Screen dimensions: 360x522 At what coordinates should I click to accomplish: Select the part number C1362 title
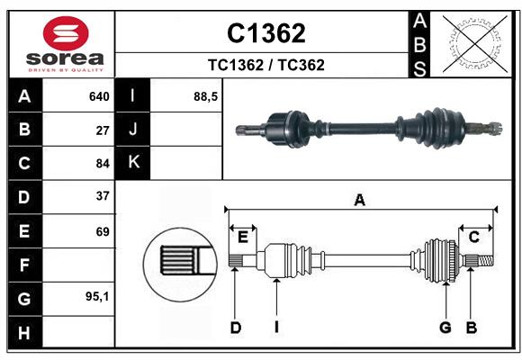[265, 33]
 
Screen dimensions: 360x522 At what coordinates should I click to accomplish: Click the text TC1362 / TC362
[265, 65]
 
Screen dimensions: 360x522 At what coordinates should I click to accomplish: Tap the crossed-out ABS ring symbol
[469, 43]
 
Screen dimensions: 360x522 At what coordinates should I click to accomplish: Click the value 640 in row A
[99, 96]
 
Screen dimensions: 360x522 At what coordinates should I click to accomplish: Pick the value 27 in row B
[103, 130]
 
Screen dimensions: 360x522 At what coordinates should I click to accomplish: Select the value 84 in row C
[103, 163]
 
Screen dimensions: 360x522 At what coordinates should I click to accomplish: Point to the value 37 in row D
[103, 196]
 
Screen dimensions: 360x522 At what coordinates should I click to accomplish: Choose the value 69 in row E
[103, 231]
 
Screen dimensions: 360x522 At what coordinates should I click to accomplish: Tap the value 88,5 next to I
[206, 96]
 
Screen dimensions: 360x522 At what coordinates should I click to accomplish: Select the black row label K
[133, 163]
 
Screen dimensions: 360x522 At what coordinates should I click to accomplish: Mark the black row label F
[24, 265]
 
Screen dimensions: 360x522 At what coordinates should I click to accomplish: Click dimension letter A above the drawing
[359, 201]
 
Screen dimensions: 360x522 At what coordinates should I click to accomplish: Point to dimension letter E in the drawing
[242, 237]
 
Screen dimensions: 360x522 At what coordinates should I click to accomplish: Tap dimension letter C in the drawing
[473, 237]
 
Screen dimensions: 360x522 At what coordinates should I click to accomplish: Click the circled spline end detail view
[178, 262]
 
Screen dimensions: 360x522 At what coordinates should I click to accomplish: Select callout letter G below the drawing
[445, 328]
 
